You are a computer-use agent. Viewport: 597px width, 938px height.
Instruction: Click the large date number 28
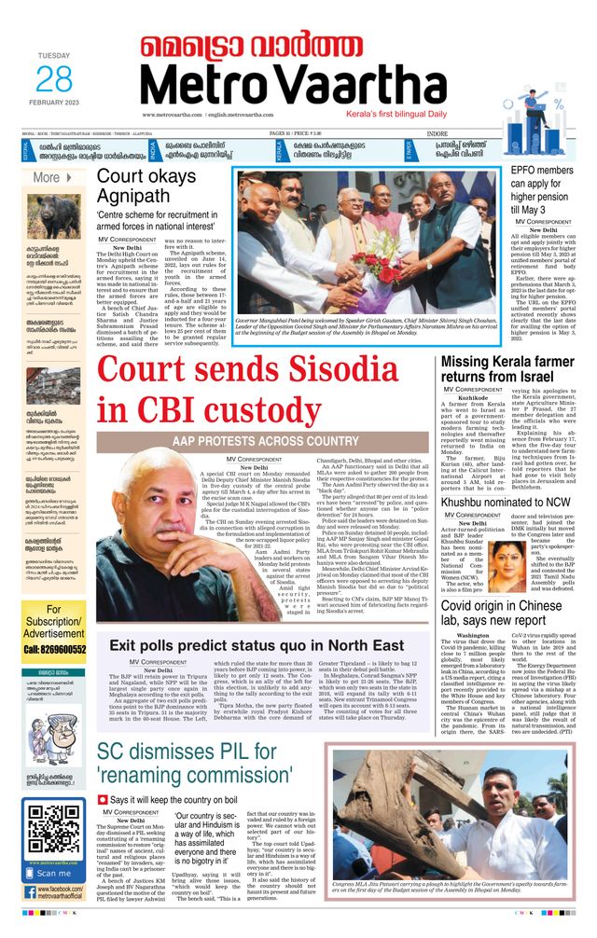click(53, 79)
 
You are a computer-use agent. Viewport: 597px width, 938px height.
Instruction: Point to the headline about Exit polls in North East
click(257, 645)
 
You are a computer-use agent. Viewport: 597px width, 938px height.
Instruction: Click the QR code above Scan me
click(52, 828)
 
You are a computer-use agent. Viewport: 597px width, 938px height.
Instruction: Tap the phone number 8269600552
click(54, 623)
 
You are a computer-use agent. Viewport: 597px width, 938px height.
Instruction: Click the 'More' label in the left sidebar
click(47, 177)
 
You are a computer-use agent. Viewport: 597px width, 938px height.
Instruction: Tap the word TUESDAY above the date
click(53, 56)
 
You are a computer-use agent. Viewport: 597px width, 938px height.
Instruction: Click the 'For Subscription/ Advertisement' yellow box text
click(54, 596)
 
